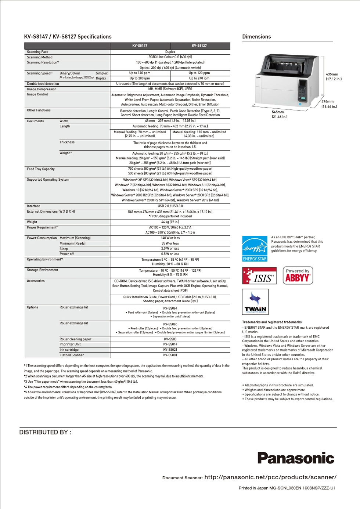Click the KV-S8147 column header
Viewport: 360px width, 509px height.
coord(140,46)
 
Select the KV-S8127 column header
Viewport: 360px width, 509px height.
coord(199,46)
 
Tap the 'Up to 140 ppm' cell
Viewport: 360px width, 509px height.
coord(140,73)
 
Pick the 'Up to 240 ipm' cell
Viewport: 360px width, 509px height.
coord(199,78)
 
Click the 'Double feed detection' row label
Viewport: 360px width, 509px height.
coord(43,84)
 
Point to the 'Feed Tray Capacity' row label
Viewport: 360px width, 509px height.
coord(41,169)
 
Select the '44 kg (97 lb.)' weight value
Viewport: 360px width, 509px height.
coord(170,222)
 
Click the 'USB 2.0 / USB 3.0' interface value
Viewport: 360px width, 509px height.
coord(170,206)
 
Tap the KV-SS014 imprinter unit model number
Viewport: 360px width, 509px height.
coord(170,344)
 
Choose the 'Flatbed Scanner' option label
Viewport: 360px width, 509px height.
coord(72,355)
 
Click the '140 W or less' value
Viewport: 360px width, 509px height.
coord(170,238)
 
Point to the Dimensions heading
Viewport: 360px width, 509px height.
coord(256,37)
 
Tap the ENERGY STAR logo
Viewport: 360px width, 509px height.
coord(255,249)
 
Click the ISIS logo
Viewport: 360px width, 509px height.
coord(259,276)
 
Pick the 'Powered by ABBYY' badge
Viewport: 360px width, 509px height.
coord(298,275)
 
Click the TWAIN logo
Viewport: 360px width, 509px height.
coord(255,302)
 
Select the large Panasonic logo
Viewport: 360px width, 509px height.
coord(296,458)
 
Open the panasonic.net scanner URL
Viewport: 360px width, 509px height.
coord(270,477)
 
